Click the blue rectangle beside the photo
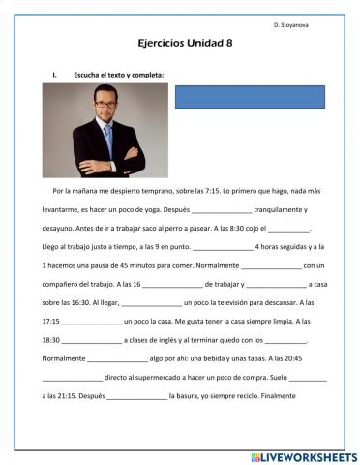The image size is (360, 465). tap(250, 96)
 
